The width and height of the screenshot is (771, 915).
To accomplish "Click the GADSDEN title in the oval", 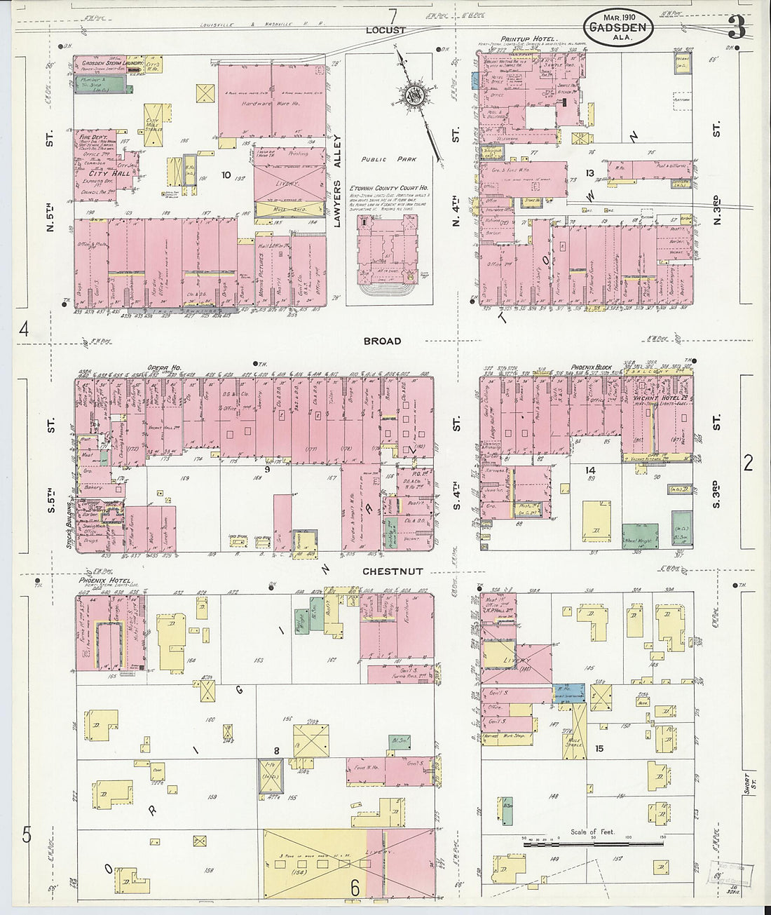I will point(618,29).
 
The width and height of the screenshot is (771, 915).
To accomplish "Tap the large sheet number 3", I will point(736,28).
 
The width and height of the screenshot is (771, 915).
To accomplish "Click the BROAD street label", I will point(382,341).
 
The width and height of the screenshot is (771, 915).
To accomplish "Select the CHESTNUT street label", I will point(393,571).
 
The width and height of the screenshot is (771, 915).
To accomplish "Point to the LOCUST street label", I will point(385,30).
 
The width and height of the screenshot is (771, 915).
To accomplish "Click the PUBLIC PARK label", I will point(388,159).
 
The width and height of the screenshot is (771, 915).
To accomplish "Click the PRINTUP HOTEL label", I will point(528,39).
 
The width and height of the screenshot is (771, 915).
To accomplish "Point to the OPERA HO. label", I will point(164,367).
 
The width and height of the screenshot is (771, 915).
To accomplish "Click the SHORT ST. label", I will point(749,785).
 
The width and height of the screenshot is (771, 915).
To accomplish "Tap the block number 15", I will point(599,749).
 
